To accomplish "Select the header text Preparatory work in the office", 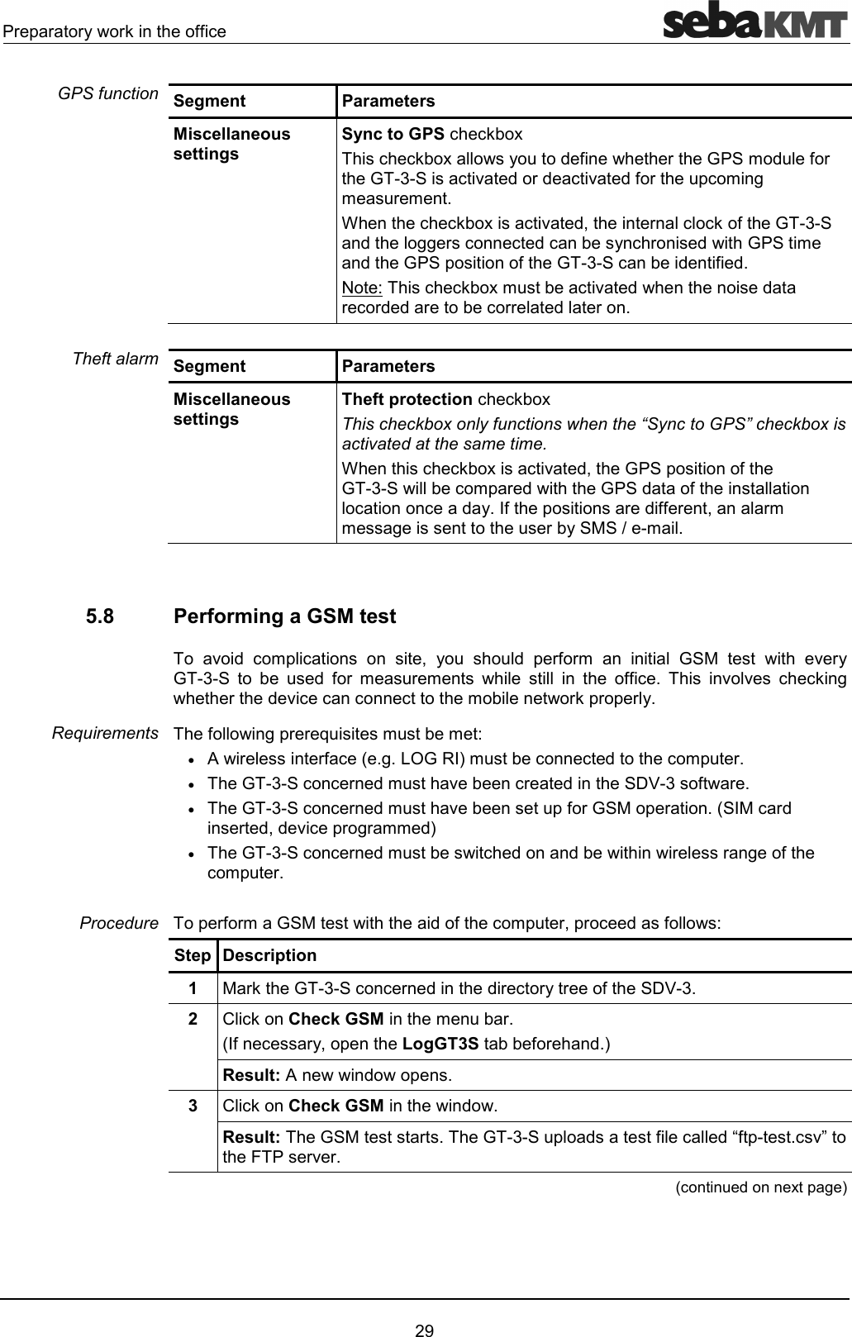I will click(x=114, y=31).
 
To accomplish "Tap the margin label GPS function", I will click(x=108, y=93).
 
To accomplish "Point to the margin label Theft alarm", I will click(x=115, y=359).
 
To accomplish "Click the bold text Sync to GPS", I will click(x=393, y=134).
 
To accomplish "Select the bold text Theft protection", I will click(x=407, y=399).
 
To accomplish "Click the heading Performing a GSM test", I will click(x=285, y=616).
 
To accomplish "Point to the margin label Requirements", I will click(x=105, y=733).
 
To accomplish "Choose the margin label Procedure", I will click(x=119, y=922).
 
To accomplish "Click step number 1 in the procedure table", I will click(x=192, y=988).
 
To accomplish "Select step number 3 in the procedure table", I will click(x=192, y=1106).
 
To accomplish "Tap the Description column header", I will click(x=269, y=955).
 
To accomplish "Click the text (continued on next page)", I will click(x=760, y=1187).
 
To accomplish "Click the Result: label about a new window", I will click(x=252, y=1076).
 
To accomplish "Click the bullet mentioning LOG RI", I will click(x=474, y=759).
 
